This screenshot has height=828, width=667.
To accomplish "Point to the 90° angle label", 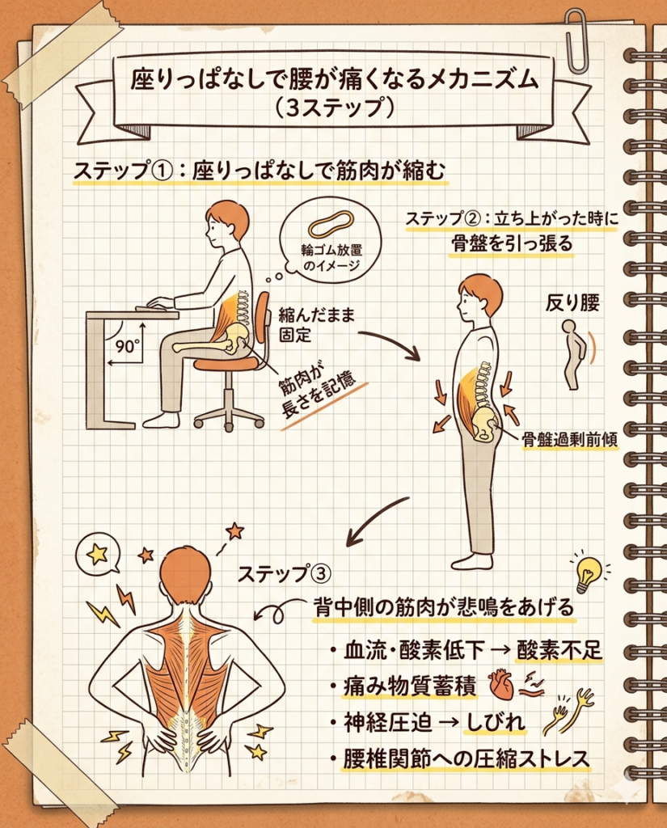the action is click(127, 346).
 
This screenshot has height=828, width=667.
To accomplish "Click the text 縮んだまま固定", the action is click(317, 325).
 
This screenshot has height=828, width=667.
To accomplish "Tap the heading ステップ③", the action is click(284, 573).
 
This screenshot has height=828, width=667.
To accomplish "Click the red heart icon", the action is click(500, 686).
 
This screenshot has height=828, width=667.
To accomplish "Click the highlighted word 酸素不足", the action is click(559, 650).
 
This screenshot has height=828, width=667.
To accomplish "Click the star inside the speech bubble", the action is click(97, 553).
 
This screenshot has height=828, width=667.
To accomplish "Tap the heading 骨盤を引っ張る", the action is click(512, 243).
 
